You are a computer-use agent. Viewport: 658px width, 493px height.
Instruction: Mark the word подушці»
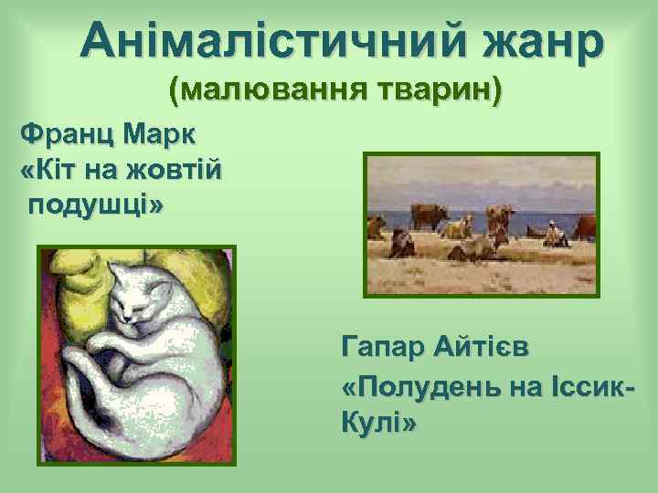click(97, 204)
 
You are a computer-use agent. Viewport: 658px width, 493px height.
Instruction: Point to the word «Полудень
click(420, 385)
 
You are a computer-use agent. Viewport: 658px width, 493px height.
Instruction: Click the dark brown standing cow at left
click(430, 217)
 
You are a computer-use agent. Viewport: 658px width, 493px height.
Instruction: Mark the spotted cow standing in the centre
click(499, 219)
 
